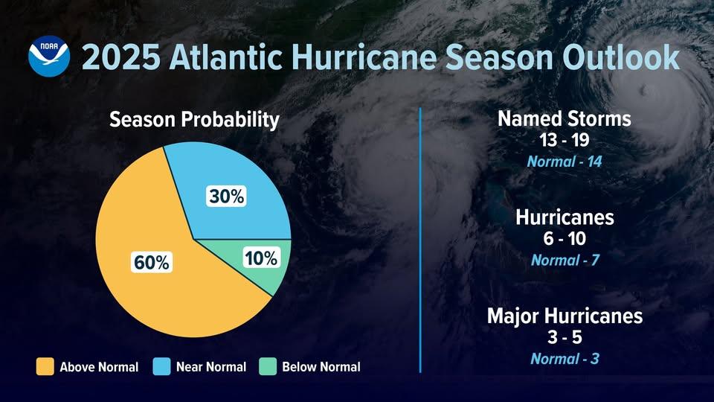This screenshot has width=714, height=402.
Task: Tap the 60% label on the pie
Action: (x=152, y=262)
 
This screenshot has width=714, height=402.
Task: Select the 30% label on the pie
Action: (x=225, y=197)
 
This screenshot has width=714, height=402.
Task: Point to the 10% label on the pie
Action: (x=260, y=258)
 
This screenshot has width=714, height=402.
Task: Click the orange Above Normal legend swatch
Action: (x=45, y=366)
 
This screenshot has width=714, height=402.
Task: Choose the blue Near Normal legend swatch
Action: (x=162, y=366)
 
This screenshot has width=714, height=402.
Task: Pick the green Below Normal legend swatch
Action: (x=268, y=366)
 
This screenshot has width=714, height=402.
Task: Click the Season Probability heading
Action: (x=194, y=120)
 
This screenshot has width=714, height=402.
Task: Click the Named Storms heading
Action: (x=564, y=119)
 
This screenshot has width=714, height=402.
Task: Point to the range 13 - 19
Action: (x=564, y=139)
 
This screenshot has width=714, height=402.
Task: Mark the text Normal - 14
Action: (x=564, y=161)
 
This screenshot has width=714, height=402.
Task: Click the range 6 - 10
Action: (x=565, y=239)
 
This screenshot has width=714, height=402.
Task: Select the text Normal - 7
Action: (x=565, y=261)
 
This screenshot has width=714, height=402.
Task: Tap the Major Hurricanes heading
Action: (x=565, y=316)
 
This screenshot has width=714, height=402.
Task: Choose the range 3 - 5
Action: (x=565, y=337)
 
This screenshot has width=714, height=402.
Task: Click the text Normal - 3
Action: (x=565, y=359)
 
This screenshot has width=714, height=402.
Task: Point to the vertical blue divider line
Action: (x=421, y=238)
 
